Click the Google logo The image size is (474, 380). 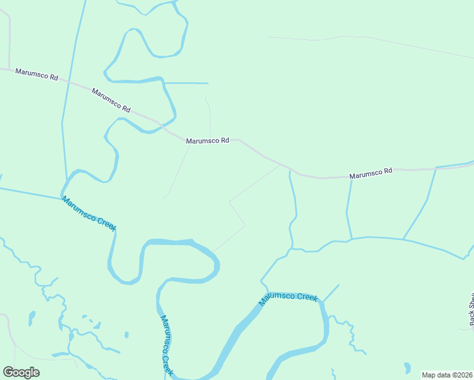[21, 372]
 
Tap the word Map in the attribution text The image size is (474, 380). [429, 375]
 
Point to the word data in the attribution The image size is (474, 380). [443, 375]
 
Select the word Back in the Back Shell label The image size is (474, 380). [471, 320]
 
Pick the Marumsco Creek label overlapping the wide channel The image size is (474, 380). [288, 298]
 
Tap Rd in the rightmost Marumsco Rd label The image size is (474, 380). [388, 170]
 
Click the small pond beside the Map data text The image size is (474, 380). [406, 367]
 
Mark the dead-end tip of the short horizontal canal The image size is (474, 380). [207, 83]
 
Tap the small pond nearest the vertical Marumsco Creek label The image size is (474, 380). [127, 334]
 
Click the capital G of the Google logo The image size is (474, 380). [8, 372]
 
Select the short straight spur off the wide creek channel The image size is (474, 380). [331, 293]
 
